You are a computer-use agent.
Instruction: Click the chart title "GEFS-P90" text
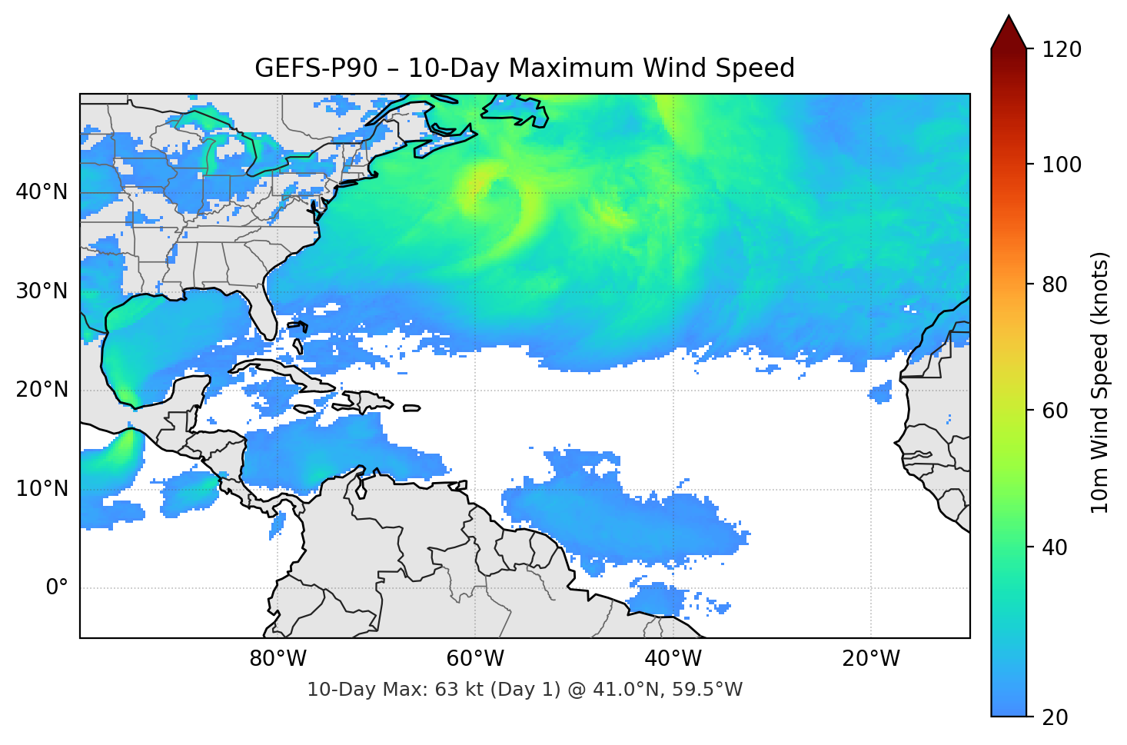316,68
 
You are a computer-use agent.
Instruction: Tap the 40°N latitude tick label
42,191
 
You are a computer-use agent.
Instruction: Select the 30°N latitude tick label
42,291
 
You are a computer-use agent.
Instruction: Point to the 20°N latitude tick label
42,390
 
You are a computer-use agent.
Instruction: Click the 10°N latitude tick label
42,489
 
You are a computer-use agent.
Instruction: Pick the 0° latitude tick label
57,588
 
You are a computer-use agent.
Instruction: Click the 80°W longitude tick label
278,659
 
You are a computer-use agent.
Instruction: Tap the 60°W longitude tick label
475,659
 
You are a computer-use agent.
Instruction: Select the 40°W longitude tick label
673,659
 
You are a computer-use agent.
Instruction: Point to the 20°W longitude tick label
871,659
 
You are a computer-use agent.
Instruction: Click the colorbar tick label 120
1062,50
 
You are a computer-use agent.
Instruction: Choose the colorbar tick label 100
1062,165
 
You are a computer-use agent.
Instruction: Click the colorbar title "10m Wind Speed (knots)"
1100,383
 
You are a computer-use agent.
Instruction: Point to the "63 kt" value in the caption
458,690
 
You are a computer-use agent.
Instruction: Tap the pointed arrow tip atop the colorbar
1009,18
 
